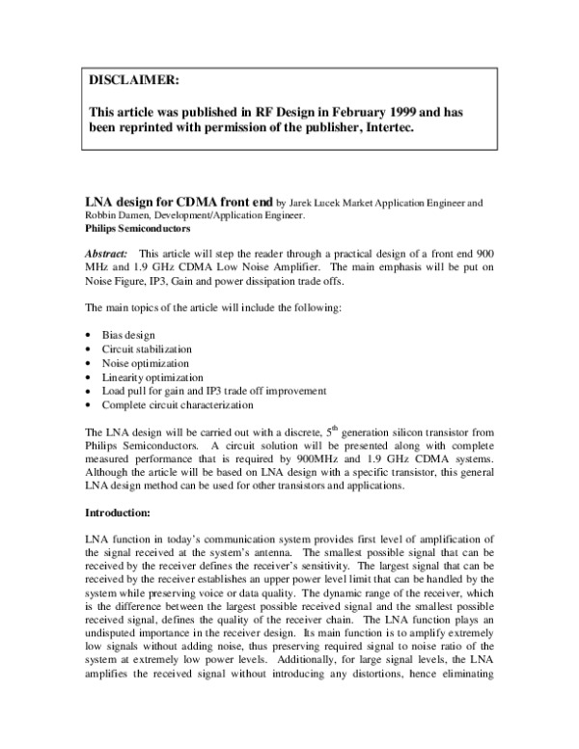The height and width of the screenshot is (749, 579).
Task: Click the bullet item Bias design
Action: coord(128,334)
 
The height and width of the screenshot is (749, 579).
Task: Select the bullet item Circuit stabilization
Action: coord(146,348)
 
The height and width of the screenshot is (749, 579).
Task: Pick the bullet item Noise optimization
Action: coord(143,363)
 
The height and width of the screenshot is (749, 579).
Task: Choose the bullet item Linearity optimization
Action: coord(150,376)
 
